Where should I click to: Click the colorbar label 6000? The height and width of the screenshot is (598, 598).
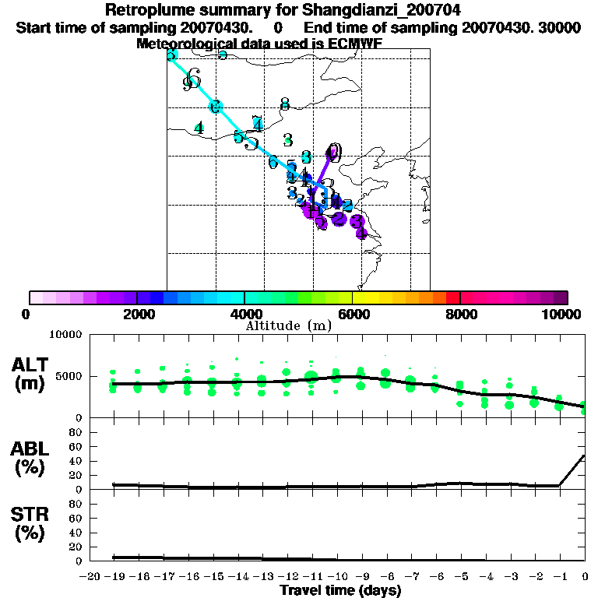(353, 314)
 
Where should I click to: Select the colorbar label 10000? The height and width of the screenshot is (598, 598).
(561, 314)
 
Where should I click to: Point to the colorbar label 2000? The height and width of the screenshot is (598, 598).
(137, 314)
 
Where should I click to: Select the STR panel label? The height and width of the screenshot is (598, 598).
(28, 524)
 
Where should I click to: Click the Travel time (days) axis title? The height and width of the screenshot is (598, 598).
(340, 591)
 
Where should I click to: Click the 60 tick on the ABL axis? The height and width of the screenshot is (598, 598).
(77, 447)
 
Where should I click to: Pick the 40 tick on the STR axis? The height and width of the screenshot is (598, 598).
(77, 533)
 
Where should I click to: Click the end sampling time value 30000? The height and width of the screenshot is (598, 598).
(560, 27)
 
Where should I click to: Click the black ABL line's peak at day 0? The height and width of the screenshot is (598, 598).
(585, 456)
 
